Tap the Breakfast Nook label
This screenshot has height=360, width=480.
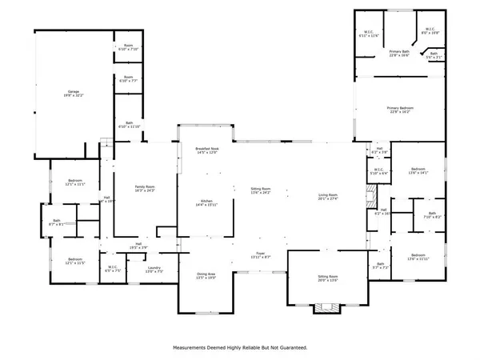[x=207, y=150]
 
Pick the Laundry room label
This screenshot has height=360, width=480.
[x=153, y=270]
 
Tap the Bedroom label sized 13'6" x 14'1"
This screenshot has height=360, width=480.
[x=418, y=170]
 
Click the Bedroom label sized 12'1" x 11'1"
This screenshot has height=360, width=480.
[x=75, y=183]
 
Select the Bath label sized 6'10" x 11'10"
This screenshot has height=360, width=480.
[x=129, y=125]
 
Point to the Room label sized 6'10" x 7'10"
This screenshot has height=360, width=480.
[x=129, y=46]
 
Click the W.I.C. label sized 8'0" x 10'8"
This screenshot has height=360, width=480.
[x=430, y=31]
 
